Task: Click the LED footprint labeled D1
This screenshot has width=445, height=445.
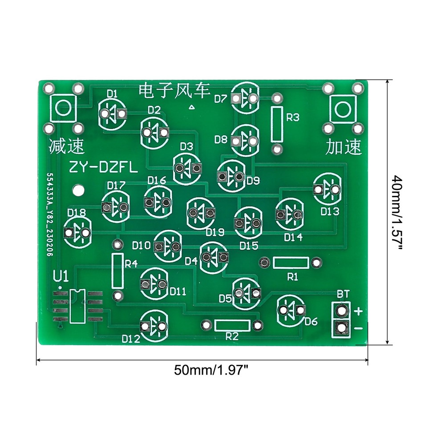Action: [112, 114]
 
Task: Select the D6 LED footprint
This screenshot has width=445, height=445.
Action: [291, 310]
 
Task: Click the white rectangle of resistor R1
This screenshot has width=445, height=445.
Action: [291, 263]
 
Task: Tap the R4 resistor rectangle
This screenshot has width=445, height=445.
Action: [117, 271]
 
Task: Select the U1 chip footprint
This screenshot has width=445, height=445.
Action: [77, 306]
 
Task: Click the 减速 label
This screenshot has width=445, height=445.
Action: [66, 146]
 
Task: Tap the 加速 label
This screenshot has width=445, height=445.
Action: [343, 146]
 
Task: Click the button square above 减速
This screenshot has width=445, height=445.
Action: [63, 108]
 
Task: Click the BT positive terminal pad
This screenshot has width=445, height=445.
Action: [342, 310]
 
